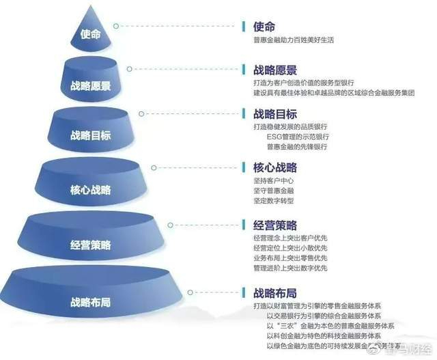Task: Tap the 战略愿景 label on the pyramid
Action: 91,86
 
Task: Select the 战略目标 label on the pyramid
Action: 90,136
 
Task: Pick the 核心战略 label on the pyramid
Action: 90,189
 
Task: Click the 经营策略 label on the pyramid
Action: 90,245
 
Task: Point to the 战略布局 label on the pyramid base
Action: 90,301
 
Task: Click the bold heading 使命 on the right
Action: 264,27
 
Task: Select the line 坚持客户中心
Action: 273,180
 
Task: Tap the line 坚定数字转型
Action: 273,201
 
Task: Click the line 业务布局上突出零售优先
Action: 290,258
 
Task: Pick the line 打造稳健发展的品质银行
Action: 290,127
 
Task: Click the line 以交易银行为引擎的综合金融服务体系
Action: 324,316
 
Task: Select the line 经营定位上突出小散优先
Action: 290,247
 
